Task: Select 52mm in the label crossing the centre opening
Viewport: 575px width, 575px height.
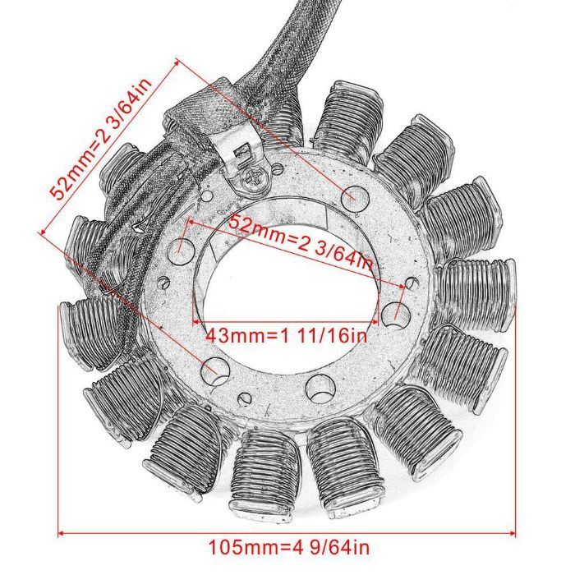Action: (255, 225)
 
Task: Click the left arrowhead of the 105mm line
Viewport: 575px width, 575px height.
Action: (61, 531)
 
